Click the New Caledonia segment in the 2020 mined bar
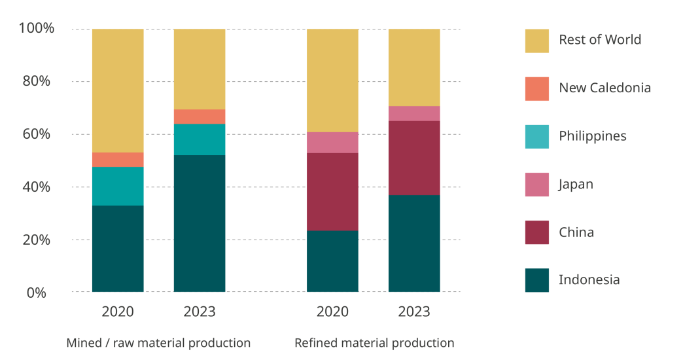point(118,160)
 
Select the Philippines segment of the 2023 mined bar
point(200,139)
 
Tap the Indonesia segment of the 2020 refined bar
point(332,261)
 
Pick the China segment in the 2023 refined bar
point(414,158)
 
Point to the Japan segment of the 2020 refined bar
point(332,143)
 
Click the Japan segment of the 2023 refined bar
point(414,113)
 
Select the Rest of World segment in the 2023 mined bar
point(200,69)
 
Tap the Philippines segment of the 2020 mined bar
point(118,186)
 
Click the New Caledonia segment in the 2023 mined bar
point(200,117)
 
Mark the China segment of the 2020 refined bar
point(332,192)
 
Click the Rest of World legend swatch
point(537,41)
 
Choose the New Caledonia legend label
point(605,88)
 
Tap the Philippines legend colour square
point(537,137)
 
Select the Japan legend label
point(576,185)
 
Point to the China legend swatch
point(537,232)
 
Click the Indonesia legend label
point(589,279)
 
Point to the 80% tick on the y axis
point(37,81)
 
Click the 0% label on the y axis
point(37,293)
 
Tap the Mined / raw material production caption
point(158,343)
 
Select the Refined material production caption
point(375,343)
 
